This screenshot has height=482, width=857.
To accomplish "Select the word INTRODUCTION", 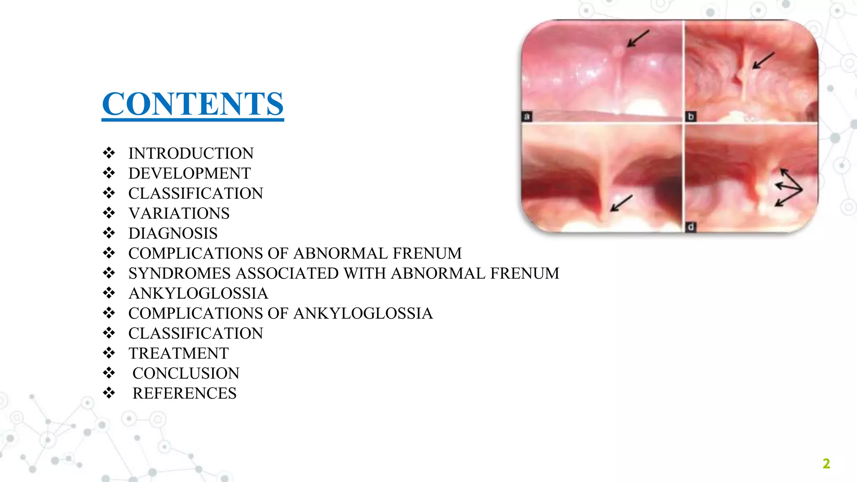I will click(x=191, y=154).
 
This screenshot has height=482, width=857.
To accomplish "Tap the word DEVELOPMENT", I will click(x=189, y=174).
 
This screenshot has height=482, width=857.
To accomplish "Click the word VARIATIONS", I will click(x=179, y=213).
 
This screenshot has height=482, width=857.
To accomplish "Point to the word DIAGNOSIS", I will click(x=173, y=233).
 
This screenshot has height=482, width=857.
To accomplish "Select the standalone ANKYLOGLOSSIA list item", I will click(x=198, y=294).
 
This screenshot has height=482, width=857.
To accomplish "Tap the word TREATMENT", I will click(x=178, y=354).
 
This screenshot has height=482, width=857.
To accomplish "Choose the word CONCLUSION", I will click(x=186, y=374).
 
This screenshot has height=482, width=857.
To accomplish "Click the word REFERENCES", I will click(x=184, y=394).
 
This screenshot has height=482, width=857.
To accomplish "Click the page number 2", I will click(x=826, y=464).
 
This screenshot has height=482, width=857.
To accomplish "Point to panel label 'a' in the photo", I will click(x=527, y=116).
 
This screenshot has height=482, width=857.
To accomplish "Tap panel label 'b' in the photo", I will click(x=691, y=116).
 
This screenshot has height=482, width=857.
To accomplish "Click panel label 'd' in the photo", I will click(x=691, y=227).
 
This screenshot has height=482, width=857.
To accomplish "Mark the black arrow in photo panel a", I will click(x=638, y=38).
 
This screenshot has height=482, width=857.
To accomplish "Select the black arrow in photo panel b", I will click(x=764, y=60).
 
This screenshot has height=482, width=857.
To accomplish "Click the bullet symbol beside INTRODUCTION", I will click(x=109, y=153).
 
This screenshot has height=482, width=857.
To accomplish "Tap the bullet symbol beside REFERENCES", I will click(x=109, y=393).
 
